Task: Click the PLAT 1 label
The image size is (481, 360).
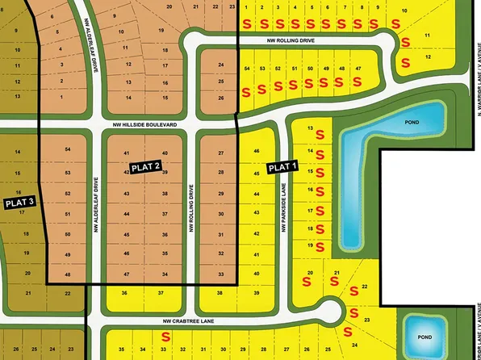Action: coord(282,167)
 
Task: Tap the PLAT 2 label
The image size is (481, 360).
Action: coord(146,166)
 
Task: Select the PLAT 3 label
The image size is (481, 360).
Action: coord(19,202)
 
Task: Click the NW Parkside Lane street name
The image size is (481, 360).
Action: coord(284,206)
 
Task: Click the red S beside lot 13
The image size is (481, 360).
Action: coord(320,134)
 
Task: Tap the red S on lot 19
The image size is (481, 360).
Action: coord(320,245)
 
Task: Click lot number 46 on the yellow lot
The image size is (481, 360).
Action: coord(257,152)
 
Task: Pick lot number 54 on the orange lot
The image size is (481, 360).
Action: coord(67,150)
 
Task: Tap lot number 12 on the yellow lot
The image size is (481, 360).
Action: coord(428,57)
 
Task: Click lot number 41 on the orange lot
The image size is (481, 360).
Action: coord(126,153)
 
